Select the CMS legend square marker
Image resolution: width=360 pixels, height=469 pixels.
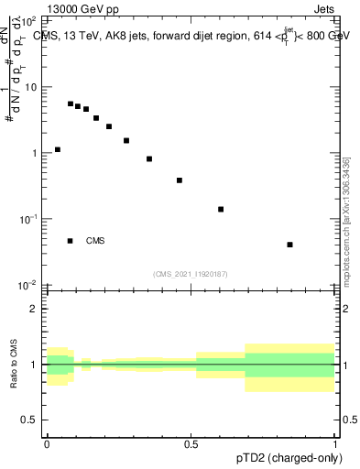(71, 241)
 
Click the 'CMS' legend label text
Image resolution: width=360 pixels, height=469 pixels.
(95, 241)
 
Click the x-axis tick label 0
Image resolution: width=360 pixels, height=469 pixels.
(47, 442)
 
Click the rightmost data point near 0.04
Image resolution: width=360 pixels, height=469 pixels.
(290, 245)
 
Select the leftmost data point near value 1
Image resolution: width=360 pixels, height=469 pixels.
(58, 149)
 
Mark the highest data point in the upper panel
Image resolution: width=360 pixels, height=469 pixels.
(71, 104)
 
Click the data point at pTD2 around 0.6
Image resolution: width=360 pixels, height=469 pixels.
(221, 209)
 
